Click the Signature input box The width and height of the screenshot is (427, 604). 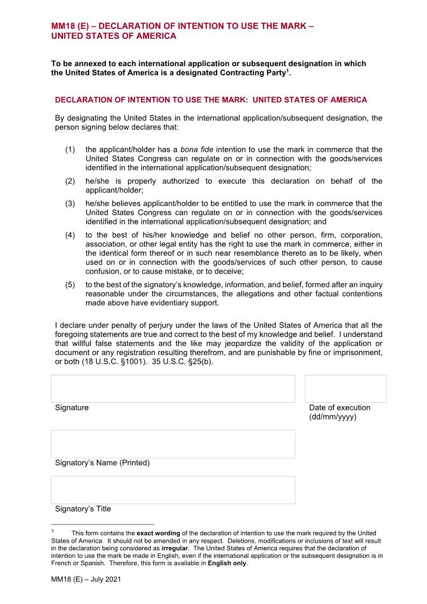173,389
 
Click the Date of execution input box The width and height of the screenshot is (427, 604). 345,389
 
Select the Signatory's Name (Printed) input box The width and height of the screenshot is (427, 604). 173,444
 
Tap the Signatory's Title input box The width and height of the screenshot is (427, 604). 173,489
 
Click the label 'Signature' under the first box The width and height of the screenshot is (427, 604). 72,408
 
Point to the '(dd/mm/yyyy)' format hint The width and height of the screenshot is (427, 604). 332,417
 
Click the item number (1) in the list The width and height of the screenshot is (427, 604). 70,150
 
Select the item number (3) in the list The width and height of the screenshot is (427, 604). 70,204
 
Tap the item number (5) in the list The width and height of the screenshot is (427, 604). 70,285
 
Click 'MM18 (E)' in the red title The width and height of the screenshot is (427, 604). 69,25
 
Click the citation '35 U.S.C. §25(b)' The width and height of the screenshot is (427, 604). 183,361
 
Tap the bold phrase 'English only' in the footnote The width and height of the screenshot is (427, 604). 227,563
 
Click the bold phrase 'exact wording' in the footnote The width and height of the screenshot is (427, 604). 159,533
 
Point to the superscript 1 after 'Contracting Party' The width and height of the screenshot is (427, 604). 287,70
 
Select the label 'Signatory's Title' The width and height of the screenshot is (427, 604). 83,509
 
